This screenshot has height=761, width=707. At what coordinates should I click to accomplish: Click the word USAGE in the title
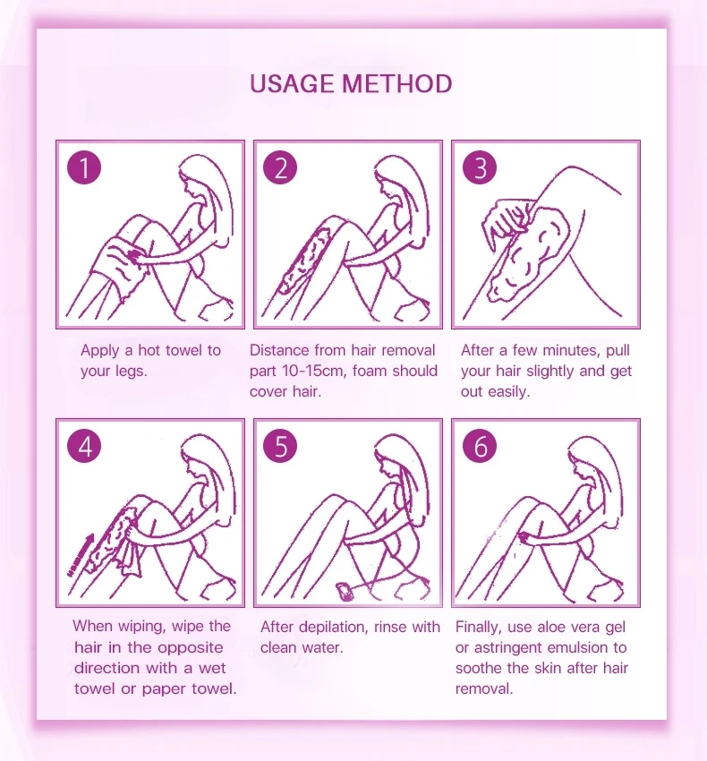292,83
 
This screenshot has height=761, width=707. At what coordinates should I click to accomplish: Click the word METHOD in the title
397,83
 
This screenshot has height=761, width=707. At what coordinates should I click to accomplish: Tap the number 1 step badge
84,168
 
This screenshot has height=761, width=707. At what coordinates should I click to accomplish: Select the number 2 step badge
280,168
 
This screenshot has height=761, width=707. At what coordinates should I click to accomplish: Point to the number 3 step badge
480,168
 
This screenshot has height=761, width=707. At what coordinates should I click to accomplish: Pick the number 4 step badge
84,446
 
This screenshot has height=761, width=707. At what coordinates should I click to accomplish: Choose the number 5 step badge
280,446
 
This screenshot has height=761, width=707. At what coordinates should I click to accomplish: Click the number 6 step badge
480,446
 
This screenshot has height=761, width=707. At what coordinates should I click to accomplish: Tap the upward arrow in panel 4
81,555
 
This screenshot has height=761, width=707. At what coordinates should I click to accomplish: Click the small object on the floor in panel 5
345,592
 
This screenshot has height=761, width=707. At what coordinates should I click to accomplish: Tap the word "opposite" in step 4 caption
191,648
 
